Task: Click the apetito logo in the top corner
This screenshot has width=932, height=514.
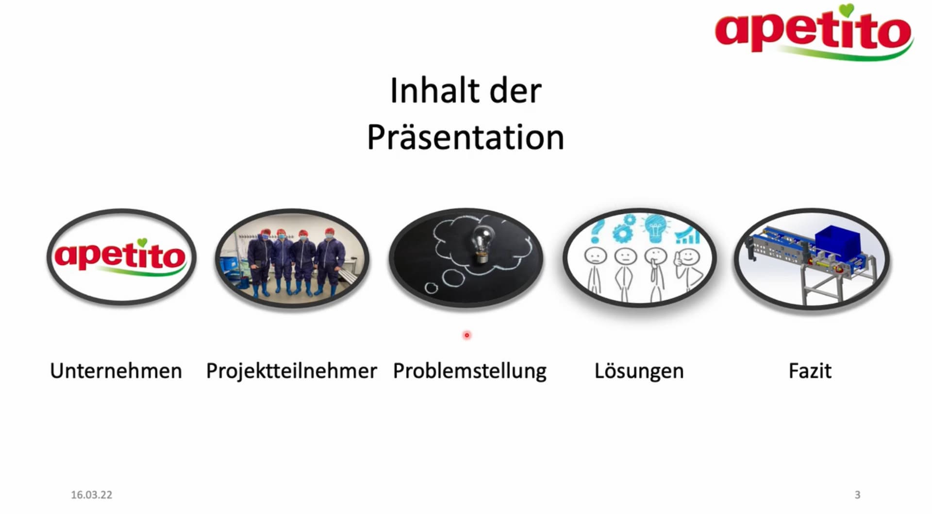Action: (814, 32)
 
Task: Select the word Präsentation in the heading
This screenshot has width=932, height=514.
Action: (466, 137)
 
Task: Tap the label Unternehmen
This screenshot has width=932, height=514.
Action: (116, 371)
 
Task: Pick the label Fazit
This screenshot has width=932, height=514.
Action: (810, 371)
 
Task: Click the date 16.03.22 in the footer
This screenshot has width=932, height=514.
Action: (91, 495)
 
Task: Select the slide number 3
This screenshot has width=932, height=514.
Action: (857, 495)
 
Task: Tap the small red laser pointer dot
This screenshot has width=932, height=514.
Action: (467, 335)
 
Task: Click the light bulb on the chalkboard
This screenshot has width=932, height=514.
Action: (483, 245)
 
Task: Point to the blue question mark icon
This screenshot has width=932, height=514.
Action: (597, 231)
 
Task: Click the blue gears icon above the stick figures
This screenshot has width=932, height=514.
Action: (624, 228)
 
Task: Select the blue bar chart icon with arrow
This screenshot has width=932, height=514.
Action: (687, 235)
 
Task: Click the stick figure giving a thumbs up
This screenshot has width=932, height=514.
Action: (687, 270)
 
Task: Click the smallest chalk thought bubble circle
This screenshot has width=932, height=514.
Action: (431, 288)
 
